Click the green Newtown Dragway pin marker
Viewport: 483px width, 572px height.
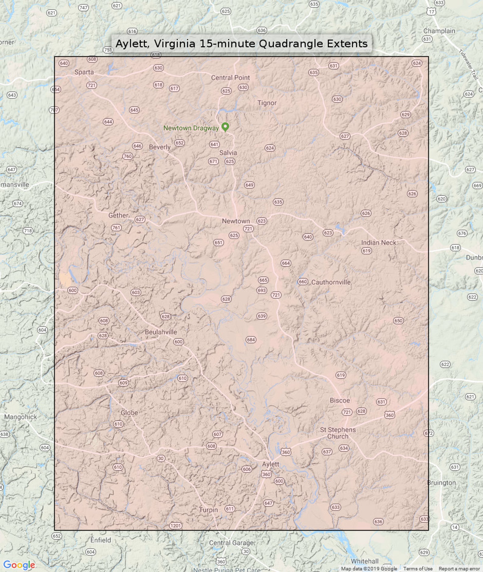[225, 127]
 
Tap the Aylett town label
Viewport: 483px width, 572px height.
[270, 464]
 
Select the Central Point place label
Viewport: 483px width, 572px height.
[230, 78]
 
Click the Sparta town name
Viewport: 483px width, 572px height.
[84, 72]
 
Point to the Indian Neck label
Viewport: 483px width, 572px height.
[378, 242]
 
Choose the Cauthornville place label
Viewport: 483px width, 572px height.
[331, 282]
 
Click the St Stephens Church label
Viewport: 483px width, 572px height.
[338, 433]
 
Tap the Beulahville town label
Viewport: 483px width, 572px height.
[161, 332]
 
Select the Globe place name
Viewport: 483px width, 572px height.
[129, 413]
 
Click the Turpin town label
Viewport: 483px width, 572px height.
[208, 510]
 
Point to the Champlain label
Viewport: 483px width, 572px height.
[439, 31]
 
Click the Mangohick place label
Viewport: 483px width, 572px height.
[20, 417]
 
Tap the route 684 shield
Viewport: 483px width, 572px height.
[251, 340]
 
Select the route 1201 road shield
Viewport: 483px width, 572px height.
[175, 525]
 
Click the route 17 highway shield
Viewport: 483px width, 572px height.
[431, 12]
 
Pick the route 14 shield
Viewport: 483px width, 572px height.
[454, 527]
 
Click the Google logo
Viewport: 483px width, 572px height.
[19, 565]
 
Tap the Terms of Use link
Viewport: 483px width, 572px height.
[418, 568]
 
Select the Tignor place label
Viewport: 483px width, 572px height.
[267, 103]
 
